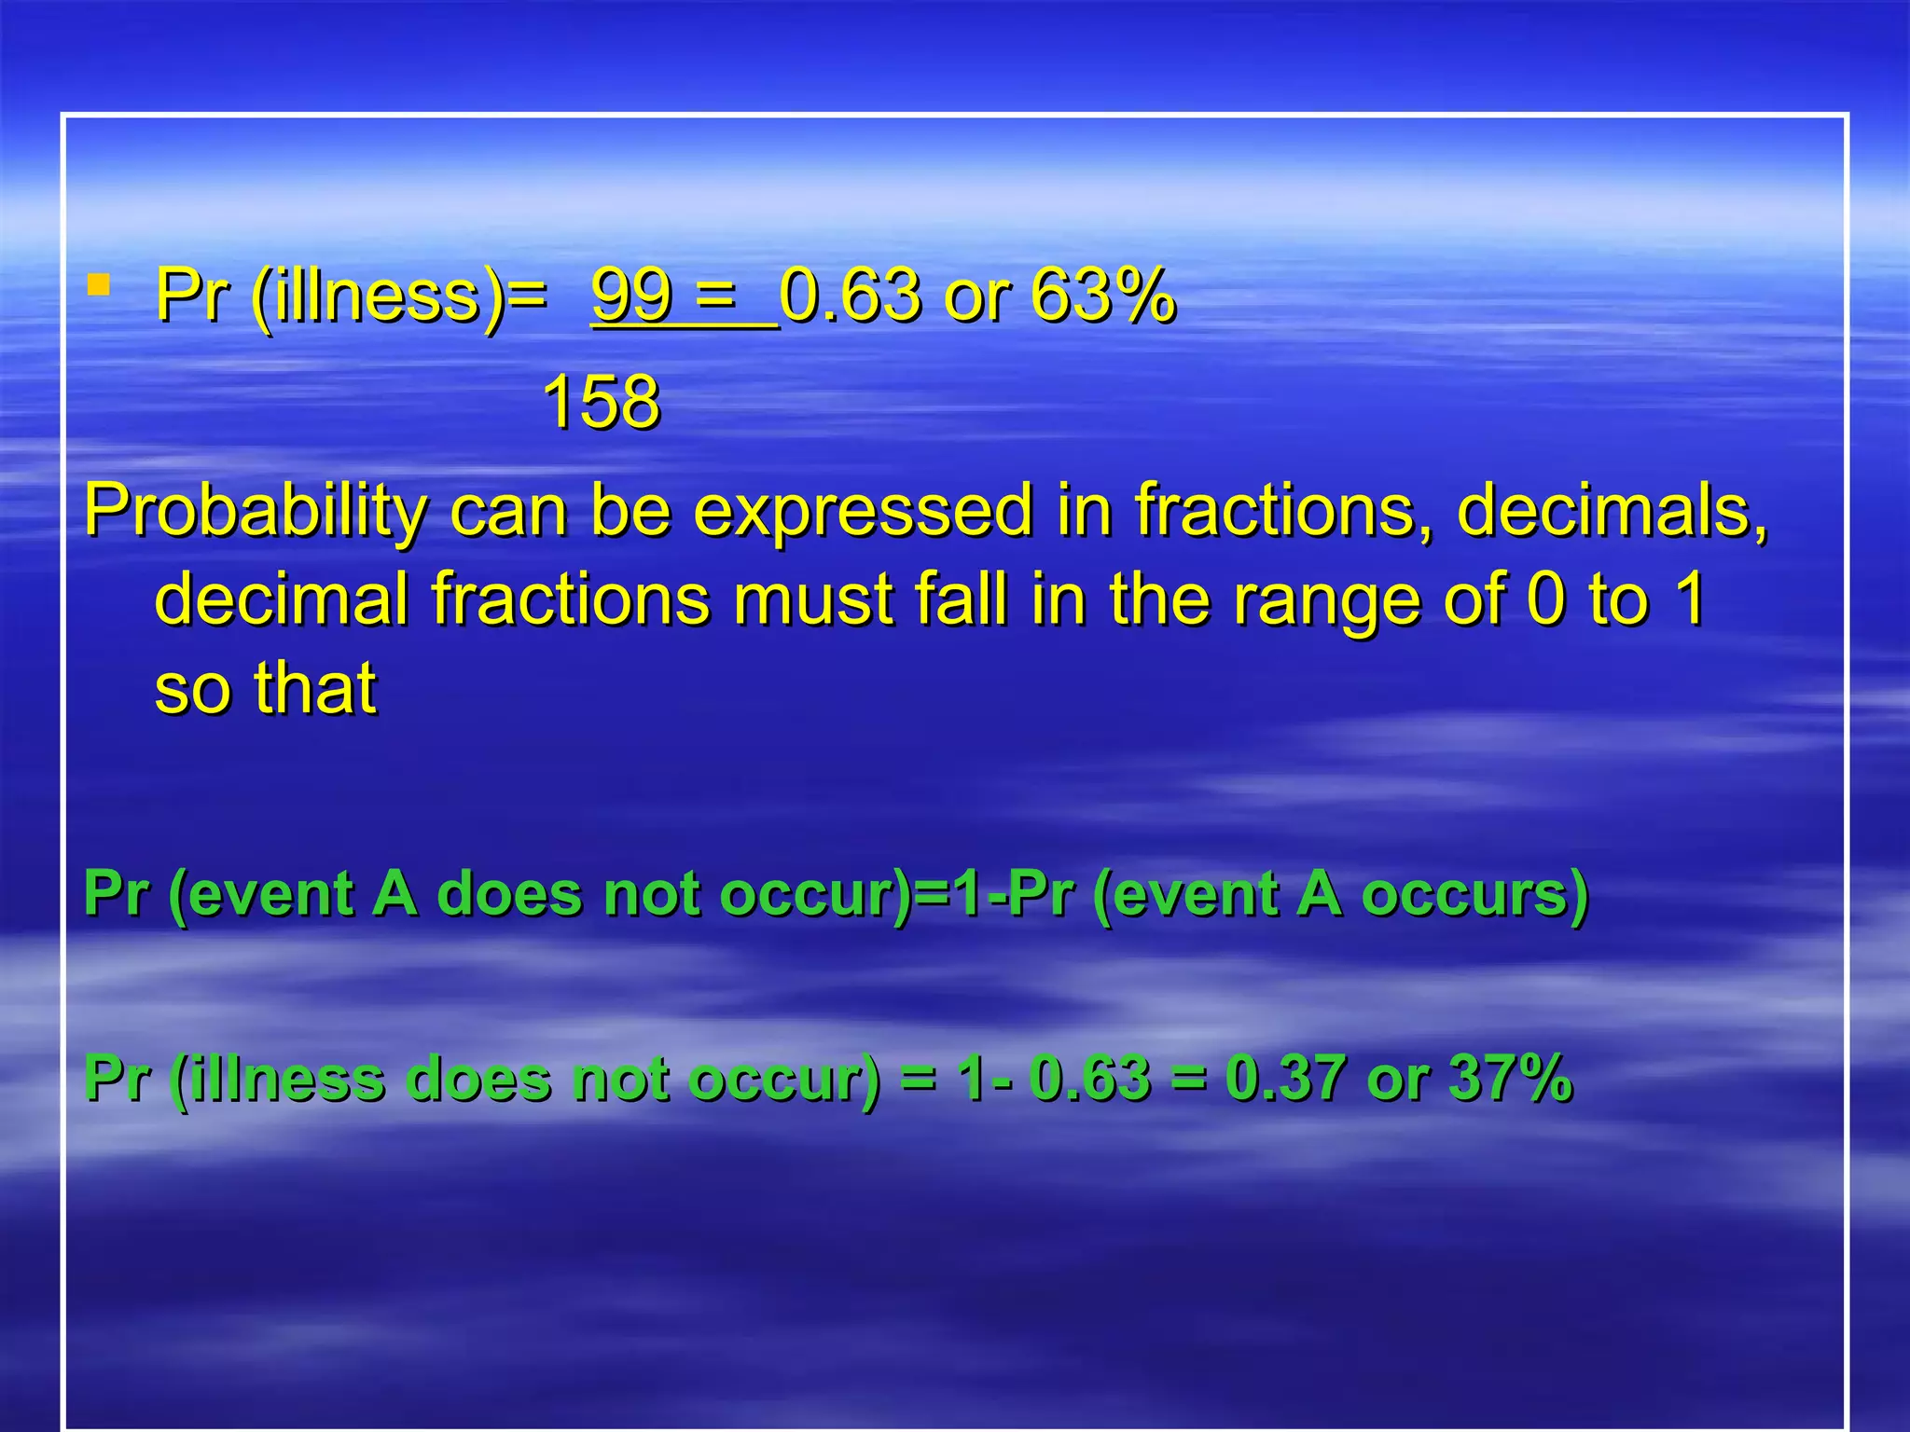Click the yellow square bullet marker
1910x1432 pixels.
[x=98, y=283]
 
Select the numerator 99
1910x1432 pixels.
[x=631, y=296]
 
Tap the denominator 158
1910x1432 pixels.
[x=601, y=403]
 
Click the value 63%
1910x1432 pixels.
[x=1103, y=296]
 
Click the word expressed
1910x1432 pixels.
[x=864, y=511]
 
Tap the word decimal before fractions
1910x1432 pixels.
[x=281, y=599]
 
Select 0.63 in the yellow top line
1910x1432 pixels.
[x=850, y=296]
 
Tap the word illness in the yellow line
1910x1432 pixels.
[x=379, y=296]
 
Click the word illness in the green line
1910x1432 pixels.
[x=280, y=1079]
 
